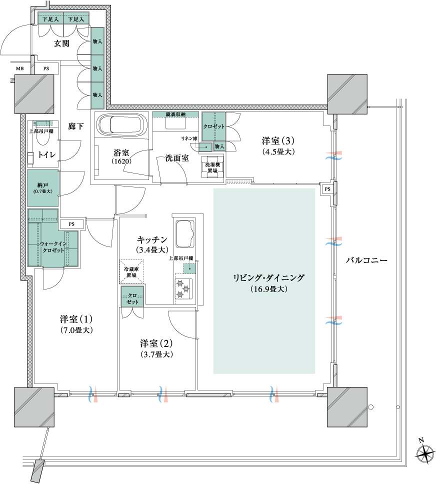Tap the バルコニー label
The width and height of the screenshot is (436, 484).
tap(366, 260)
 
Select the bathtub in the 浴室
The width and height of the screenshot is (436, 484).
tap(121, 125)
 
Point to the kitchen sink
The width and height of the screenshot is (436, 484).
tap(184, 232)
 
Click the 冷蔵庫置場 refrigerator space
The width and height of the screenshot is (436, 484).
tap(131, 271)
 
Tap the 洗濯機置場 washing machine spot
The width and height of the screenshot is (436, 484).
tap(212, 167)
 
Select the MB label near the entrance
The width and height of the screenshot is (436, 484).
tap(20, 68)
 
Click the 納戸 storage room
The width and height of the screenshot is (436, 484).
tap(42, 187)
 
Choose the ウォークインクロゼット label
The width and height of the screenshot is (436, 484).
tap(53, 247)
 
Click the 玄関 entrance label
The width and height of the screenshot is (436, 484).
tap(61, 43)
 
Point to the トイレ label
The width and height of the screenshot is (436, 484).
tap(46, 154)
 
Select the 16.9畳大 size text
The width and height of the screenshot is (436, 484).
tap(269, 289)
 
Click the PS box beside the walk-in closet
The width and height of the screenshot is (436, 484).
tap(71, 224)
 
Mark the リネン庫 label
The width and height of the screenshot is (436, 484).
tap(189, 139)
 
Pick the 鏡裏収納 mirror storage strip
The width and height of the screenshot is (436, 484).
tap(175, 114)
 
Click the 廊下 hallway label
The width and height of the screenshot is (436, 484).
tap(75, 126)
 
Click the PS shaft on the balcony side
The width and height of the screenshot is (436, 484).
tap(327, 189)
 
